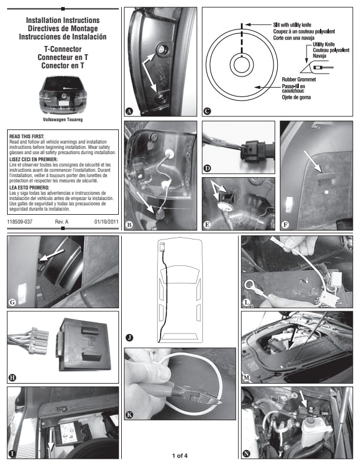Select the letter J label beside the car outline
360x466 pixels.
point(129,337)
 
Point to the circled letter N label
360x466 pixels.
point(246,454)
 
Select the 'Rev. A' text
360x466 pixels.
point(62,221)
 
